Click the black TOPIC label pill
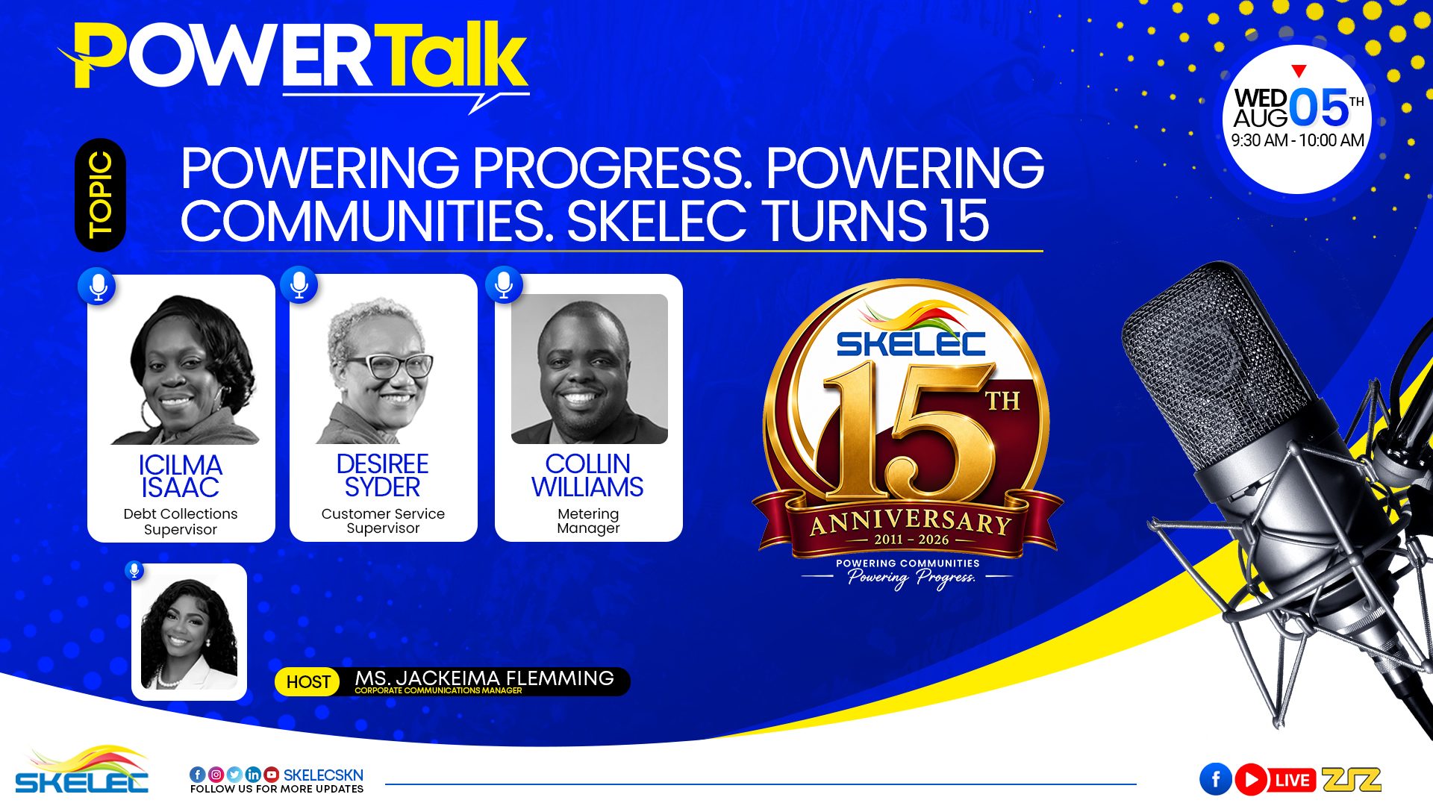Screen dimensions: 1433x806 coord(100,195)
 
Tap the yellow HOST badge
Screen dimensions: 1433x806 coord(307,682)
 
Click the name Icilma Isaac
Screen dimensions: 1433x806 coord(181,476)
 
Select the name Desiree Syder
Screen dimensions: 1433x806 coord(383,475)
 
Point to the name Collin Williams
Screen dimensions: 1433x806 coord(588,475)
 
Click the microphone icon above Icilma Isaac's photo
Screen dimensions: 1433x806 coord(97,286)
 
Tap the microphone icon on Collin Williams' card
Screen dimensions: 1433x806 coord(504,284)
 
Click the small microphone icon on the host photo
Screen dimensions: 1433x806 coord(134,570)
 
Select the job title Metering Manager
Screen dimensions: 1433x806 coord(588,521)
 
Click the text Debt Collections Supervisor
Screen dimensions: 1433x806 coord(181,522)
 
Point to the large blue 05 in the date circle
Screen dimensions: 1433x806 coord(1319,107)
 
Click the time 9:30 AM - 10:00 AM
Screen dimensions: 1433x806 coord(1298,140)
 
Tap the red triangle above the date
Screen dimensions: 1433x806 coord(1299,71)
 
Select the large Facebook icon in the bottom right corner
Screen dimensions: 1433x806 coord(1216,779)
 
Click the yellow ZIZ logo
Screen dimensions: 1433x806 coord(1352,780)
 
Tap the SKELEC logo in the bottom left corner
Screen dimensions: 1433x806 coord(82,769)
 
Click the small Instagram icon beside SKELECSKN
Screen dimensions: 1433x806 coord(216,775)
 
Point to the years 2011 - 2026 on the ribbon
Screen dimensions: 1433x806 coord(911,540)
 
